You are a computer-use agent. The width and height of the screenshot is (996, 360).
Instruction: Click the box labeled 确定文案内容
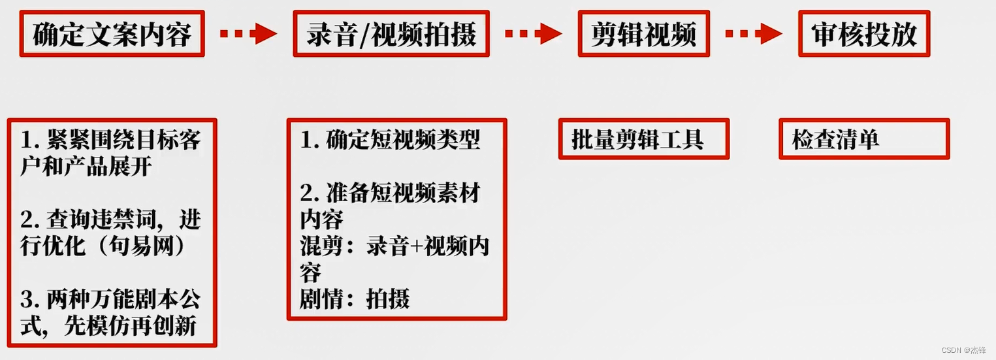pos(112,34)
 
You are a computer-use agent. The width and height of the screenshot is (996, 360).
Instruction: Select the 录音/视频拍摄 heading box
pos(391,34)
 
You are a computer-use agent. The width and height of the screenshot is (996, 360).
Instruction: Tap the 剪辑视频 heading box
pos(643,34)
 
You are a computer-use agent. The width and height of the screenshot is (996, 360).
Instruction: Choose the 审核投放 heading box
pos(863,34)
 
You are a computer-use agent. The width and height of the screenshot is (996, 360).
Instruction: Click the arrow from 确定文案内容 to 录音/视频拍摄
pos(248,33)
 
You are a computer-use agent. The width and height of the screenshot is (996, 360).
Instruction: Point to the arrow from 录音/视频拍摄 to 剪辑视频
pos(533,33)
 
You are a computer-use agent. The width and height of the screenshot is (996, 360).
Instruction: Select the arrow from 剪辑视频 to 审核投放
pos(754,33)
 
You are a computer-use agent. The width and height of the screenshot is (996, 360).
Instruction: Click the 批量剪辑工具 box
pos(643,139)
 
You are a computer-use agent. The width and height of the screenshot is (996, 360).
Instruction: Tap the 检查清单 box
pos(863,139)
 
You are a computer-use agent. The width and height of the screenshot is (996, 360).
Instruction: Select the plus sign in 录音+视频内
pos(413,246)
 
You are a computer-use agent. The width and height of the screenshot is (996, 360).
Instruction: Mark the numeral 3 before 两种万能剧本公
pos(27,300)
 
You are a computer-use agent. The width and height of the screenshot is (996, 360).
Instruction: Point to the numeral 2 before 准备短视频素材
pos(307,193)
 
